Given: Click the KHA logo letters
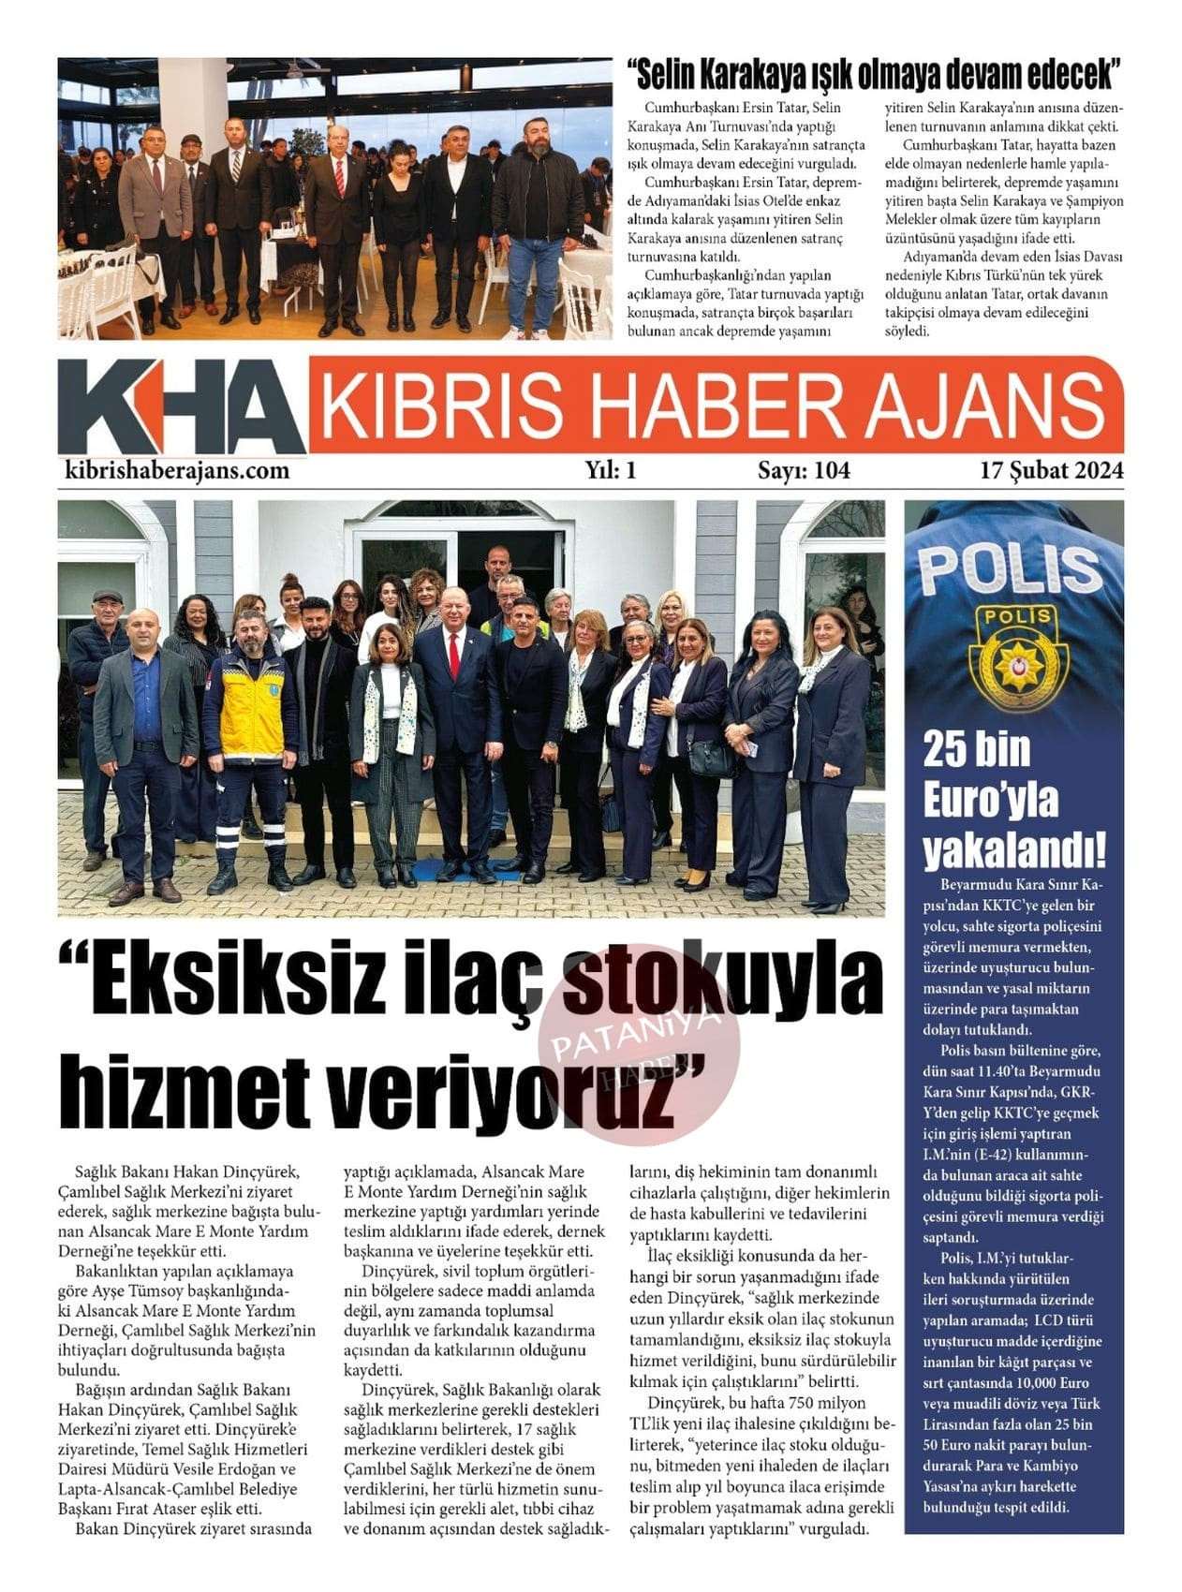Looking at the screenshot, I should pos(181,408).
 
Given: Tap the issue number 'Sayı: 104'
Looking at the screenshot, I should pos(804,470).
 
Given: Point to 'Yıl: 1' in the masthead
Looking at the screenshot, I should pos(611,470).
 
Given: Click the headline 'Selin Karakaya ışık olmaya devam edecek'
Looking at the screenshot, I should pos(874,73).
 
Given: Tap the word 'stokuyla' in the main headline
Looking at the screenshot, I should pos(723,981).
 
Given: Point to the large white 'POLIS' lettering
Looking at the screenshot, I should pos(1009,567).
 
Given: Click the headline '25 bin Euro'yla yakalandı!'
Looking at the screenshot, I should pos(1013,801).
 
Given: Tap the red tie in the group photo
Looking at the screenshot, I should pos(454,655).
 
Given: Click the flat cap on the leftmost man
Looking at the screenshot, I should pos(108,596).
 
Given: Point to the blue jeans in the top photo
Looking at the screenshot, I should pos(534,281).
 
